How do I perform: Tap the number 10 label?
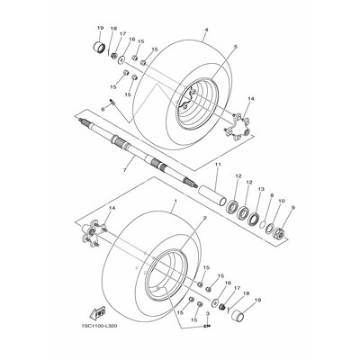282,202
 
